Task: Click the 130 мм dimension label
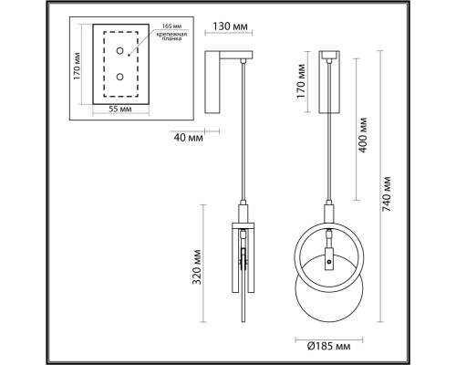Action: coord(230,26)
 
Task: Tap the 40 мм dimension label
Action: coord(188,138)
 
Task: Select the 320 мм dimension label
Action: coord(197,266)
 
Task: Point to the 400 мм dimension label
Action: coord(362,135)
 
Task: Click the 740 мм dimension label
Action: coord(386,193)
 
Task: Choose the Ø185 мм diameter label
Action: coord(328,346)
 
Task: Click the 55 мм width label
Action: coord(120,109)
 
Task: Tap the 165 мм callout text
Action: coord(170,26)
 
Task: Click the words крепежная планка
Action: coord(171,36)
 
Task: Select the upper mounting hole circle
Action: coord(120,51)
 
